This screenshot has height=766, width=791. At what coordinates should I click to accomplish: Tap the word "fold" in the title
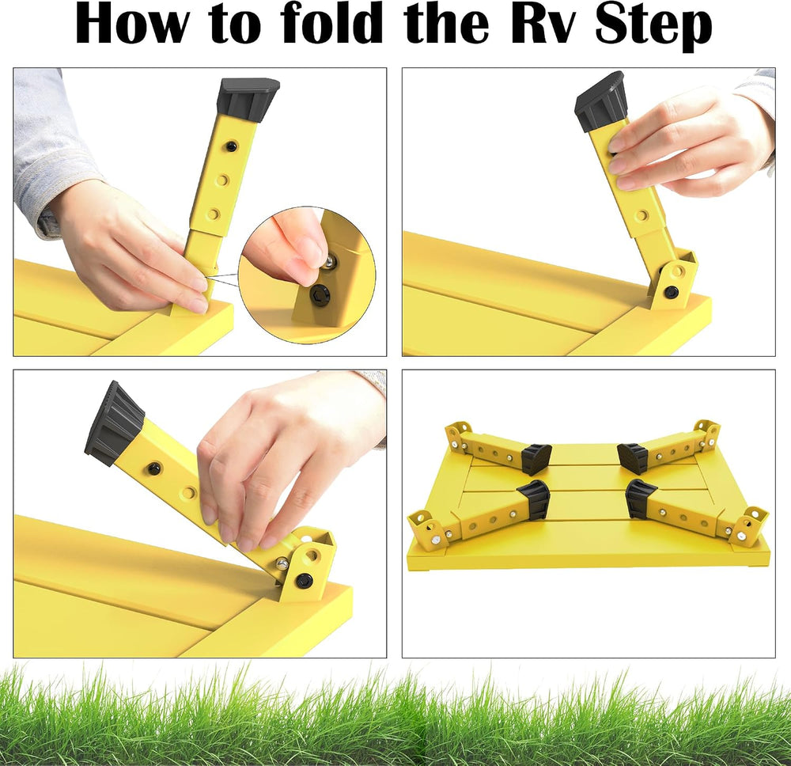pyautogui.click(x=331, y=23)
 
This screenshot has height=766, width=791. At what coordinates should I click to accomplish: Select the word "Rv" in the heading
pyautogui.click(x=547, y=25)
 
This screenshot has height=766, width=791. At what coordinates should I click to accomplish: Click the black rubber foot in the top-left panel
pyautogui.click(x=248, y=100)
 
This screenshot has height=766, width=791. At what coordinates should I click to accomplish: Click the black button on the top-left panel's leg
pyautogui.click(x=231, y=146)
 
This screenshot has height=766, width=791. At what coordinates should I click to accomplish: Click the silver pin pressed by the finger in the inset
pyautogui.click(x=329, y=260)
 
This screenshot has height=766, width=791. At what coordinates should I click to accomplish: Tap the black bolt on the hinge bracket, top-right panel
pyautogui.click(x=672, y=292)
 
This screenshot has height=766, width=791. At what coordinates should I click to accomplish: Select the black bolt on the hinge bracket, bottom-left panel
pyautogui.click(x=304, y=578)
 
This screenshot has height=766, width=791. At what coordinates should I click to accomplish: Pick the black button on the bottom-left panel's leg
pyautogui.click(x=155, y=468)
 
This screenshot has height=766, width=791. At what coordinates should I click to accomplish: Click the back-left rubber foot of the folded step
pyautogui.click(x=536, y=458)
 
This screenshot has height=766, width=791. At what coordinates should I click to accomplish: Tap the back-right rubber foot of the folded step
pyautogui.click(x=632, y=457)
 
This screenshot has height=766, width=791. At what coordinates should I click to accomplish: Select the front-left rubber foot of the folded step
pyautogui.click(x=533, y=499)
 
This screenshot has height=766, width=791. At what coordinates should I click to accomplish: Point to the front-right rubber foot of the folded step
pyautogui.click(x=640, y=499)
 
